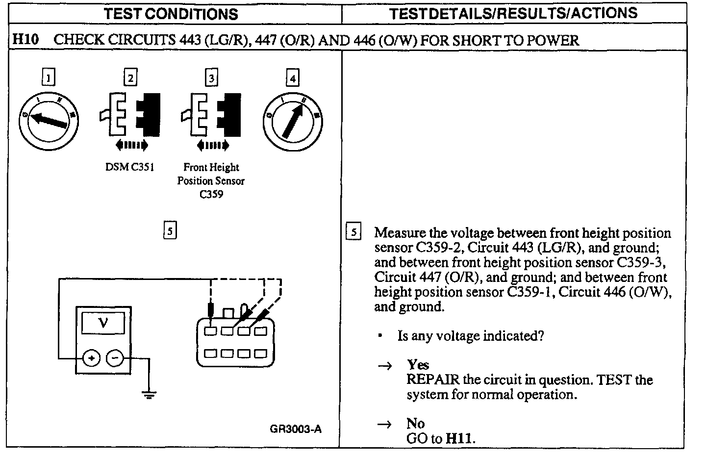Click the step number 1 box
[x=48, y=77]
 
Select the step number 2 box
[x=130, y=77]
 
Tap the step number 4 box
[x=292, y=77]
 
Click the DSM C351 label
[x=130, y=167]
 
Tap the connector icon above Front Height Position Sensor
[x=212, y=115]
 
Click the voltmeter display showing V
[x=103, y=323]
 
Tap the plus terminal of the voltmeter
[x=91, y=358]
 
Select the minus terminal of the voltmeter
[x=115, y=358]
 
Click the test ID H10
[x=25, y=40]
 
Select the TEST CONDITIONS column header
[x=171, y=14]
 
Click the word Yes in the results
[x=418, y=365]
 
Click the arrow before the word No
[x=385, y=424]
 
